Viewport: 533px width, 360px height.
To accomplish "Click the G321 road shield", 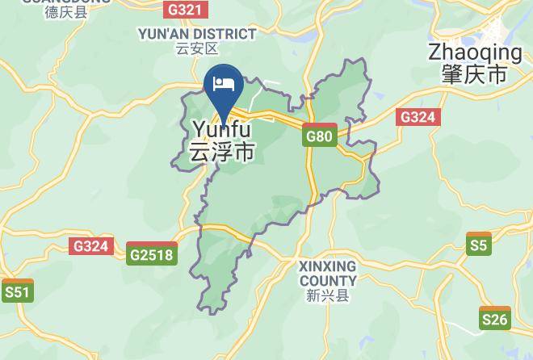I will tap(186, 10).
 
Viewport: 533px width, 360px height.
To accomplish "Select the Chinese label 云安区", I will tap(197, 49).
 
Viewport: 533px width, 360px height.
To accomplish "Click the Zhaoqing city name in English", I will tap(476, 52).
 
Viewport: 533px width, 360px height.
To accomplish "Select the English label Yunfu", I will tap(221, 129).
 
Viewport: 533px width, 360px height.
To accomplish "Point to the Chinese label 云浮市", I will tap(221, 152).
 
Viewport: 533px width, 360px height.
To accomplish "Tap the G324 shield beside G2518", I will tap(90, 246).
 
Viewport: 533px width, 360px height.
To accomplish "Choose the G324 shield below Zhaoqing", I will tap(418, 117).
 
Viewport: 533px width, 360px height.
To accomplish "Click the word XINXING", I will tap(327, 266).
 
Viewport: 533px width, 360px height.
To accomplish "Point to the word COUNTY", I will tap(327, 280).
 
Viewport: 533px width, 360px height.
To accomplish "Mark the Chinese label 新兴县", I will tap(327, 295).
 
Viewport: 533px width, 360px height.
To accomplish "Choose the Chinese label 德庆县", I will tap(66, 12).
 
